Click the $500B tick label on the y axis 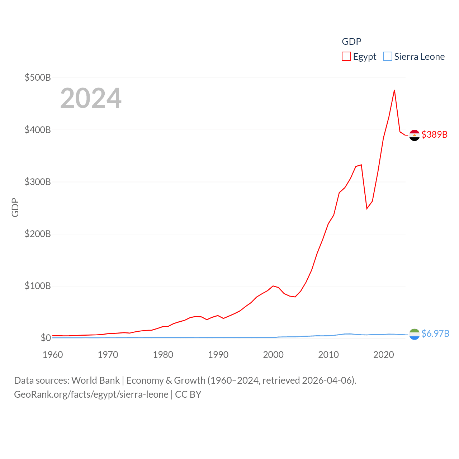[37, 77]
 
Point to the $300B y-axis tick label [37, 182]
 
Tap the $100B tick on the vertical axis [37, 286]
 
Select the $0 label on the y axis [46, 338]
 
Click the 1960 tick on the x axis [53, 355]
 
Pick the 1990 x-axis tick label [218, 355]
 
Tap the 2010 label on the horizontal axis [328, 355]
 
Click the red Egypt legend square [346, 57]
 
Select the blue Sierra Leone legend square [388, 57]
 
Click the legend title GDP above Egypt [351, 42]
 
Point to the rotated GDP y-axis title [15, 208]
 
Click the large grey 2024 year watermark [91, 98]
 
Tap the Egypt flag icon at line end [415, 135]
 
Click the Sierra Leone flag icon [415, 334]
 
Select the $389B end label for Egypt [435, 134]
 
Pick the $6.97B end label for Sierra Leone [435, 333]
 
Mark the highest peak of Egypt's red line [394, 90]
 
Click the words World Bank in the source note [96, 380]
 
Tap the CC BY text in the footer [188, 394]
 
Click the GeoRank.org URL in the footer [91, 394]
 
